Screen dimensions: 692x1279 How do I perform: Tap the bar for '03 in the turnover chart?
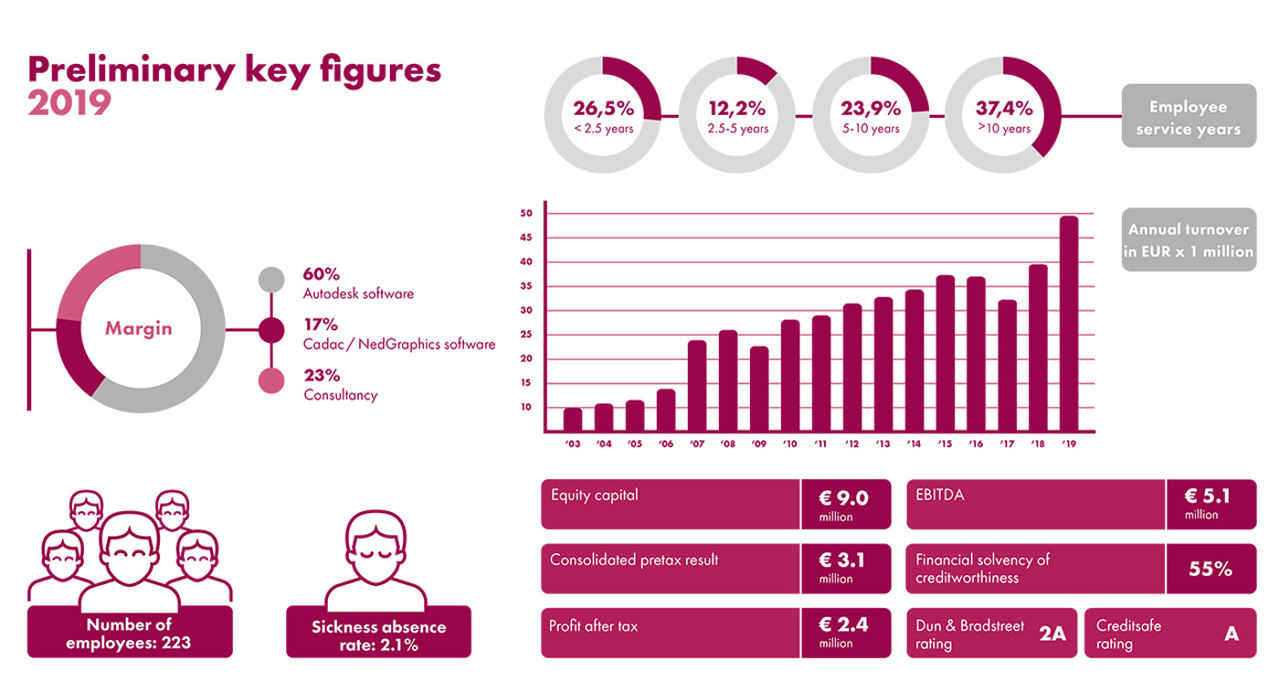[573, 419]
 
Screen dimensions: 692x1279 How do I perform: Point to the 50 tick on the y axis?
[526, 214]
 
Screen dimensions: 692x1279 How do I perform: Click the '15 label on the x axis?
[944, 444]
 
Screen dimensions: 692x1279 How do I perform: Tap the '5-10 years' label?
[871, 129]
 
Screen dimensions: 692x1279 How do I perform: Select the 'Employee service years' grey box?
[1187, 117]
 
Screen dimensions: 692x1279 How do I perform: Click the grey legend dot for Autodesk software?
[271, 279]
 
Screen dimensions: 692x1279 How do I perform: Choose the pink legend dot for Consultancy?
[271, 381]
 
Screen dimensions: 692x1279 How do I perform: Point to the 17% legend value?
[321, 324]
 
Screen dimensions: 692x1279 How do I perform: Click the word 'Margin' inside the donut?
[138, 329]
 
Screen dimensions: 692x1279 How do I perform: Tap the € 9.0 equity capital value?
[844, 498]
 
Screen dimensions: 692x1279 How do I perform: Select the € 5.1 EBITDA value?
[1207, 497]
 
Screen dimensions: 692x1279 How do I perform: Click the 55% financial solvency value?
[1210, 569]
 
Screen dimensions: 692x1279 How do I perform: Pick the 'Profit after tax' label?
[594, 627]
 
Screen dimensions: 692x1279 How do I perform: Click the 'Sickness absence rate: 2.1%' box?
[378, 635]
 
